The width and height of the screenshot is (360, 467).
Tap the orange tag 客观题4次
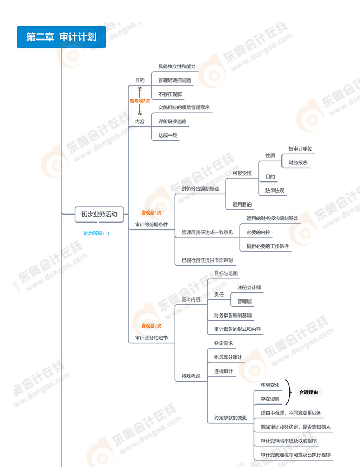pos(151,212)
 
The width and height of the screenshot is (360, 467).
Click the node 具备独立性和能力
pos(177,66)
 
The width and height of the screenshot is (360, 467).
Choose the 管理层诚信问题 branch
pos(175,80)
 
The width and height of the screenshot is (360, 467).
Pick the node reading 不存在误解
pos(170,94)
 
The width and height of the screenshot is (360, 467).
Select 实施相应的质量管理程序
pos(184,108)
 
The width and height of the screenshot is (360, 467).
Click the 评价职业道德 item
pos(173,122)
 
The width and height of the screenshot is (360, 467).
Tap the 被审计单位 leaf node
pos(300,149)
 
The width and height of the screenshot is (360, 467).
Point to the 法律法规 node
pos(275,191)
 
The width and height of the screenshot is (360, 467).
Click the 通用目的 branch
pos(242,204)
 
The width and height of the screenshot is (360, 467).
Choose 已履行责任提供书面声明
pos(207,260)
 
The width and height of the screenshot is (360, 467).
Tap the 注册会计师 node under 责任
pos(249,288)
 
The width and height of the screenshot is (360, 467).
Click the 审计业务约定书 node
pos(151,338)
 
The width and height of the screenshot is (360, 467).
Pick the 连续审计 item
pos(223,371)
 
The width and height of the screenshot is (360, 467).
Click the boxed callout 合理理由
pos(309,392)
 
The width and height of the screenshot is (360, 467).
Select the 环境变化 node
pos(270,385)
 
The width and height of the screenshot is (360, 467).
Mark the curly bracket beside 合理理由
pos(288,392)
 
